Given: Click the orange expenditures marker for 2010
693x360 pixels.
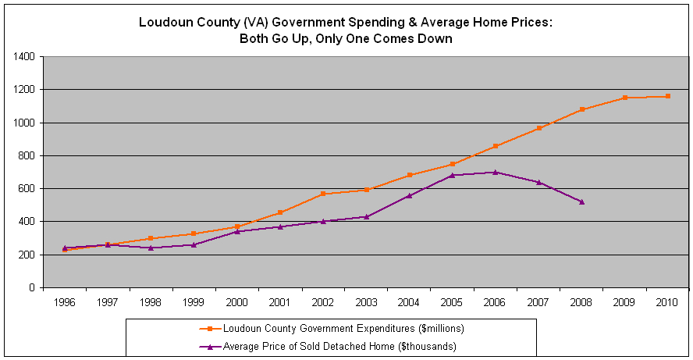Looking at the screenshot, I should tap(668, 96).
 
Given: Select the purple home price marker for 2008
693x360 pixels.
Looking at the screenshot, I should tap(581, 201).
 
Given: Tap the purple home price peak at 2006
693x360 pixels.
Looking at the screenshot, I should tap(496, 172).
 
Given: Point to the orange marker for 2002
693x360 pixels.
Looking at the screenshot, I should tap(322, 194).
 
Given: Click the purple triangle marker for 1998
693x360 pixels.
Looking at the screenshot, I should tap(150, 248).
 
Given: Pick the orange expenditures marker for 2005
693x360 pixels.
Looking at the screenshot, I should tap(452, 164).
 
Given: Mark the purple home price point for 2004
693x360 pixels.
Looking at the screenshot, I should tap(409, 195).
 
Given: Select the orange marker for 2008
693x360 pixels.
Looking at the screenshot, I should tap(581, 109).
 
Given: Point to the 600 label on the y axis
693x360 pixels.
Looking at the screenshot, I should tap(27, 189).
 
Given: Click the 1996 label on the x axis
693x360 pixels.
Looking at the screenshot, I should tap(64, 301).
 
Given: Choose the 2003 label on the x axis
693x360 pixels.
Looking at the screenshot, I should tap(365, 301).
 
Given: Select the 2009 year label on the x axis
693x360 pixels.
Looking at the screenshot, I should tap(624, 301).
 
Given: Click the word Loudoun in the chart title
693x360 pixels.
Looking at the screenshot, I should tap(165, 22).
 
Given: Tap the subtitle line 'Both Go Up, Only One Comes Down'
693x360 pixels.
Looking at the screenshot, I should tap(346, 38).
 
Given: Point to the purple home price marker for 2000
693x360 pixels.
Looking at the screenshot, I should tap(236, 231).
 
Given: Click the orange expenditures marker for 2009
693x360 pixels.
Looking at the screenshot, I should tap(624, 98).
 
